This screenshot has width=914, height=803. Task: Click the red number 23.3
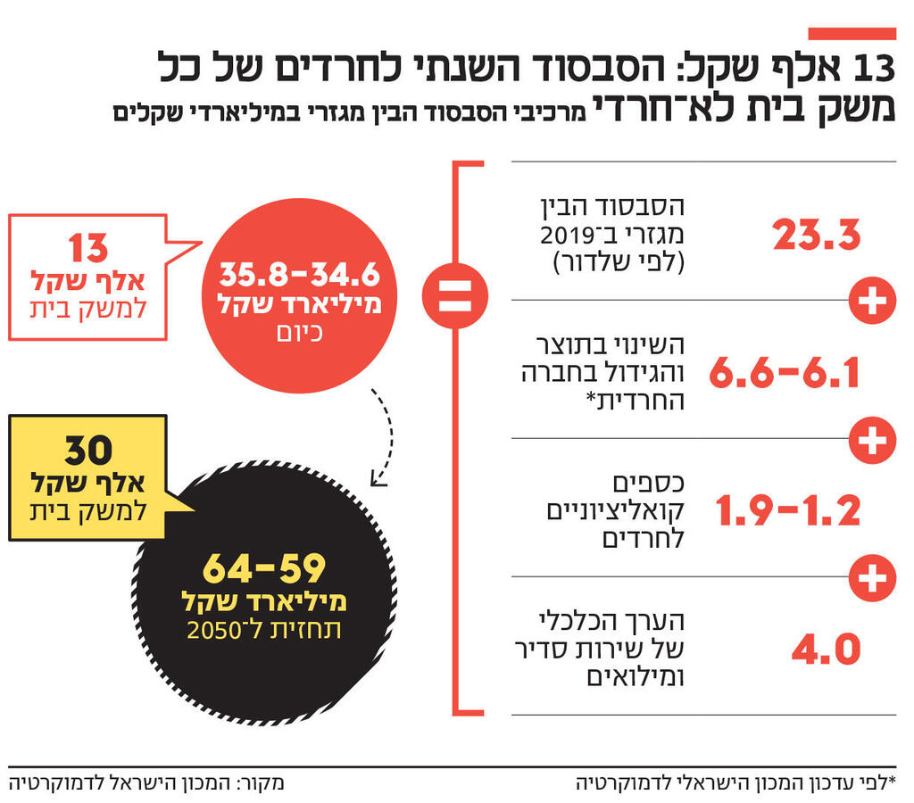(816, 236)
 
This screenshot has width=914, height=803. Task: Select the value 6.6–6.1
(785, 374)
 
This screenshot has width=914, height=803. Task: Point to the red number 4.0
(826, 649)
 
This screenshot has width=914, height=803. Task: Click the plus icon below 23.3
(871, 302)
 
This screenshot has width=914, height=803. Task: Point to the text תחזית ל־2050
(264, 630)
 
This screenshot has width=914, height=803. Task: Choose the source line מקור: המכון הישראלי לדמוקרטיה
(146, 783)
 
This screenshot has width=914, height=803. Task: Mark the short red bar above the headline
(852, 34)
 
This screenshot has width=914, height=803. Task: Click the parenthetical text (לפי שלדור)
(619, 263)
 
